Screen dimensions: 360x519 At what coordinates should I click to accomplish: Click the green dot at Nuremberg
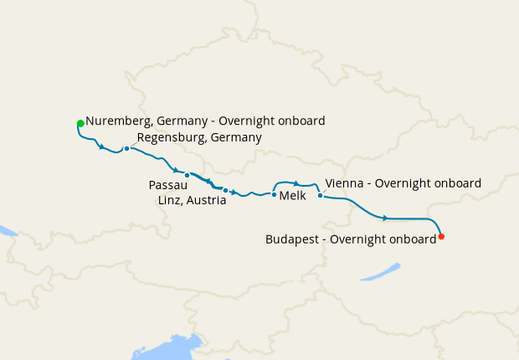[80, 124]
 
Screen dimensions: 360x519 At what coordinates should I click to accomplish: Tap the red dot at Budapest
[441, 237]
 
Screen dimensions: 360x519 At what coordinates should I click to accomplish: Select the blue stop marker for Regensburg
[126, 149]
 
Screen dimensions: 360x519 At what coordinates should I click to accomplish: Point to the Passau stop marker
[188, 176]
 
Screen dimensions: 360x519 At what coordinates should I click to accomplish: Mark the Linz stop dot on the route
[225, 190]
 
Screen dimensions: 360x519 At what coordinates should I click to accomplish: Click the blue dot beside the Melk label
[274, 195]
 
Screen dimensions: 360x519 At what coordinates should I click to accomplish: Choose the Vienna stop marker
[321, 196]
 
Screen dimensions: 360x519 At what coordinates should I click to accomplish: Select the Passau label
[168, 184]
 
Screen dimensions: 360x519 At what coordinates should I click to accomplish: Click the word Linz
[171, 200]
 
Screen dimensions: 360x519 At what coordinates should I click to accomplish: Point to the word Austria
[207, 200]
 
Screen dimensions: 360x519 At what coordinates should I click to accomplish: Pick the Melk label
[292, 195]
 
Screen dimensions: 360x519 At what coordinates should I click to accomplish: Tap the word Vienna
[343, 183]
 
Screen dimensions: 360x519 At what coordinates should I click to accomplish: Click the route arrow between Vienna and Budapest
[385, 218]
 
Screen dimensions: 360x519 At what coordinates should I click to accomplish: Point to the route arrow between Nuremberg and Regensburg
[102, 148]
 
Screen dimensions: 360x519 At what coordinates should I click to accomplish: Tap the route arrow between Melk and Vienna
[296, 183]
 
